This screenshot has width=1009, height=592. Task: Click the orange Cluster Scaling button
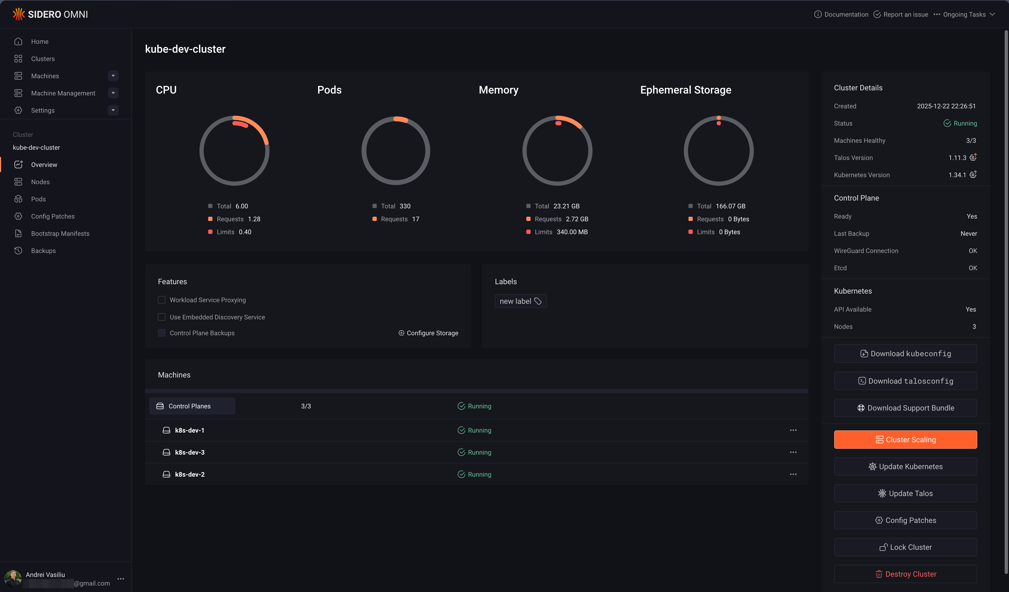click(905, 440)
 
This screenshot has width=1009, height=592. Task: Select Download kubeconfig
click(905, 354)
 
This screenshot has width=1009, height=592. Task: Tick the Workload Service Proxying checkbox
click(162, 300)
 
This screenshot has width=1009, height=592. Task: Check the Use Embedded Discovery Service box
click(162, 317)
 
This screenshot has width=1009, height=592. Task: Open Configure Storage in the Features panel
click(428, 333)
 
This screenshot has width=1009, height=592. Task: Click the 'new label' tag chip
click(520, 301)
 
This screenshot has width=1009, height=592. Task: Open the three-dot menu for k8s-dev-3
click(793, 452)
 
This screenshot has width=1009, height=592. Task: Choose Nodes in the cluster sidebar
click(40, 182)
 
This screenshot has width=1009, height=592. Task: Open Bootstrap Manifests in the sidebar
click(60, 233)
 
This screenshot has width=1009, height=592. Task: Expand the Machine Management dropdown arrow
click(113, 93)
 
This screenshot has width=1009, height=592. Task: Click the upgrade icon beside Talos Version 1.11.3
click(973, 157)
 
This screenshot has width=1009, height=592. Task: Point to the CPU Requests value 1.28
click(254, 219)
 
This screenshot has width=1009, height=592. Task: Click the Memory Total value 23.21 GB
click(566, 206)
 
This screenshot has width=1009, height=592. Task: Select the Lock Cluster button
click(905, 547)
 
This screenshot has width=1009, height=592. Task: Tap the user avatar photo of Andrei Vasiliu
click(13, 578)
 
